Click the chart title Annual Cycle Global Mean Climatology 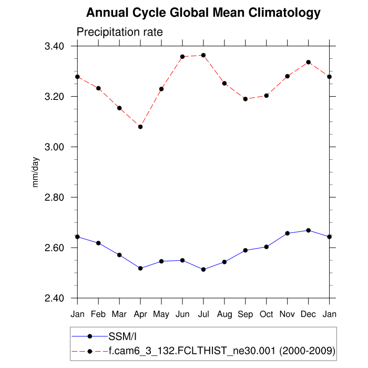coord(203,12)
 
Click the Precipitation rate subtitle coord(120,32)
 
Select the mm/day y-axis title coord(36,172)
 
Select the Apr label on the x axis coord(140,314)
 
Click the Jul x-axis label coord(203,314)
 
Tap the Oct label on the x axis coord(267,314)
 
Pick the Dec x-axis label coord(309,314)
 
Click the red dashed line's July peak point coord(203,55)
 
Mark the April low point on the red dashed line coord(140,127)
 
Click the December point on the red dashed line coord(309,62)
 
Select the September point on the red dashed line coord(246,99)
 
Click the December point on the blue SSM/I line coord(309,230)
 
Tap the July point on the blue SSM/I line coord(203,270)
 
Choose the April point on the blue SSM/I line coord(140,268)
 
